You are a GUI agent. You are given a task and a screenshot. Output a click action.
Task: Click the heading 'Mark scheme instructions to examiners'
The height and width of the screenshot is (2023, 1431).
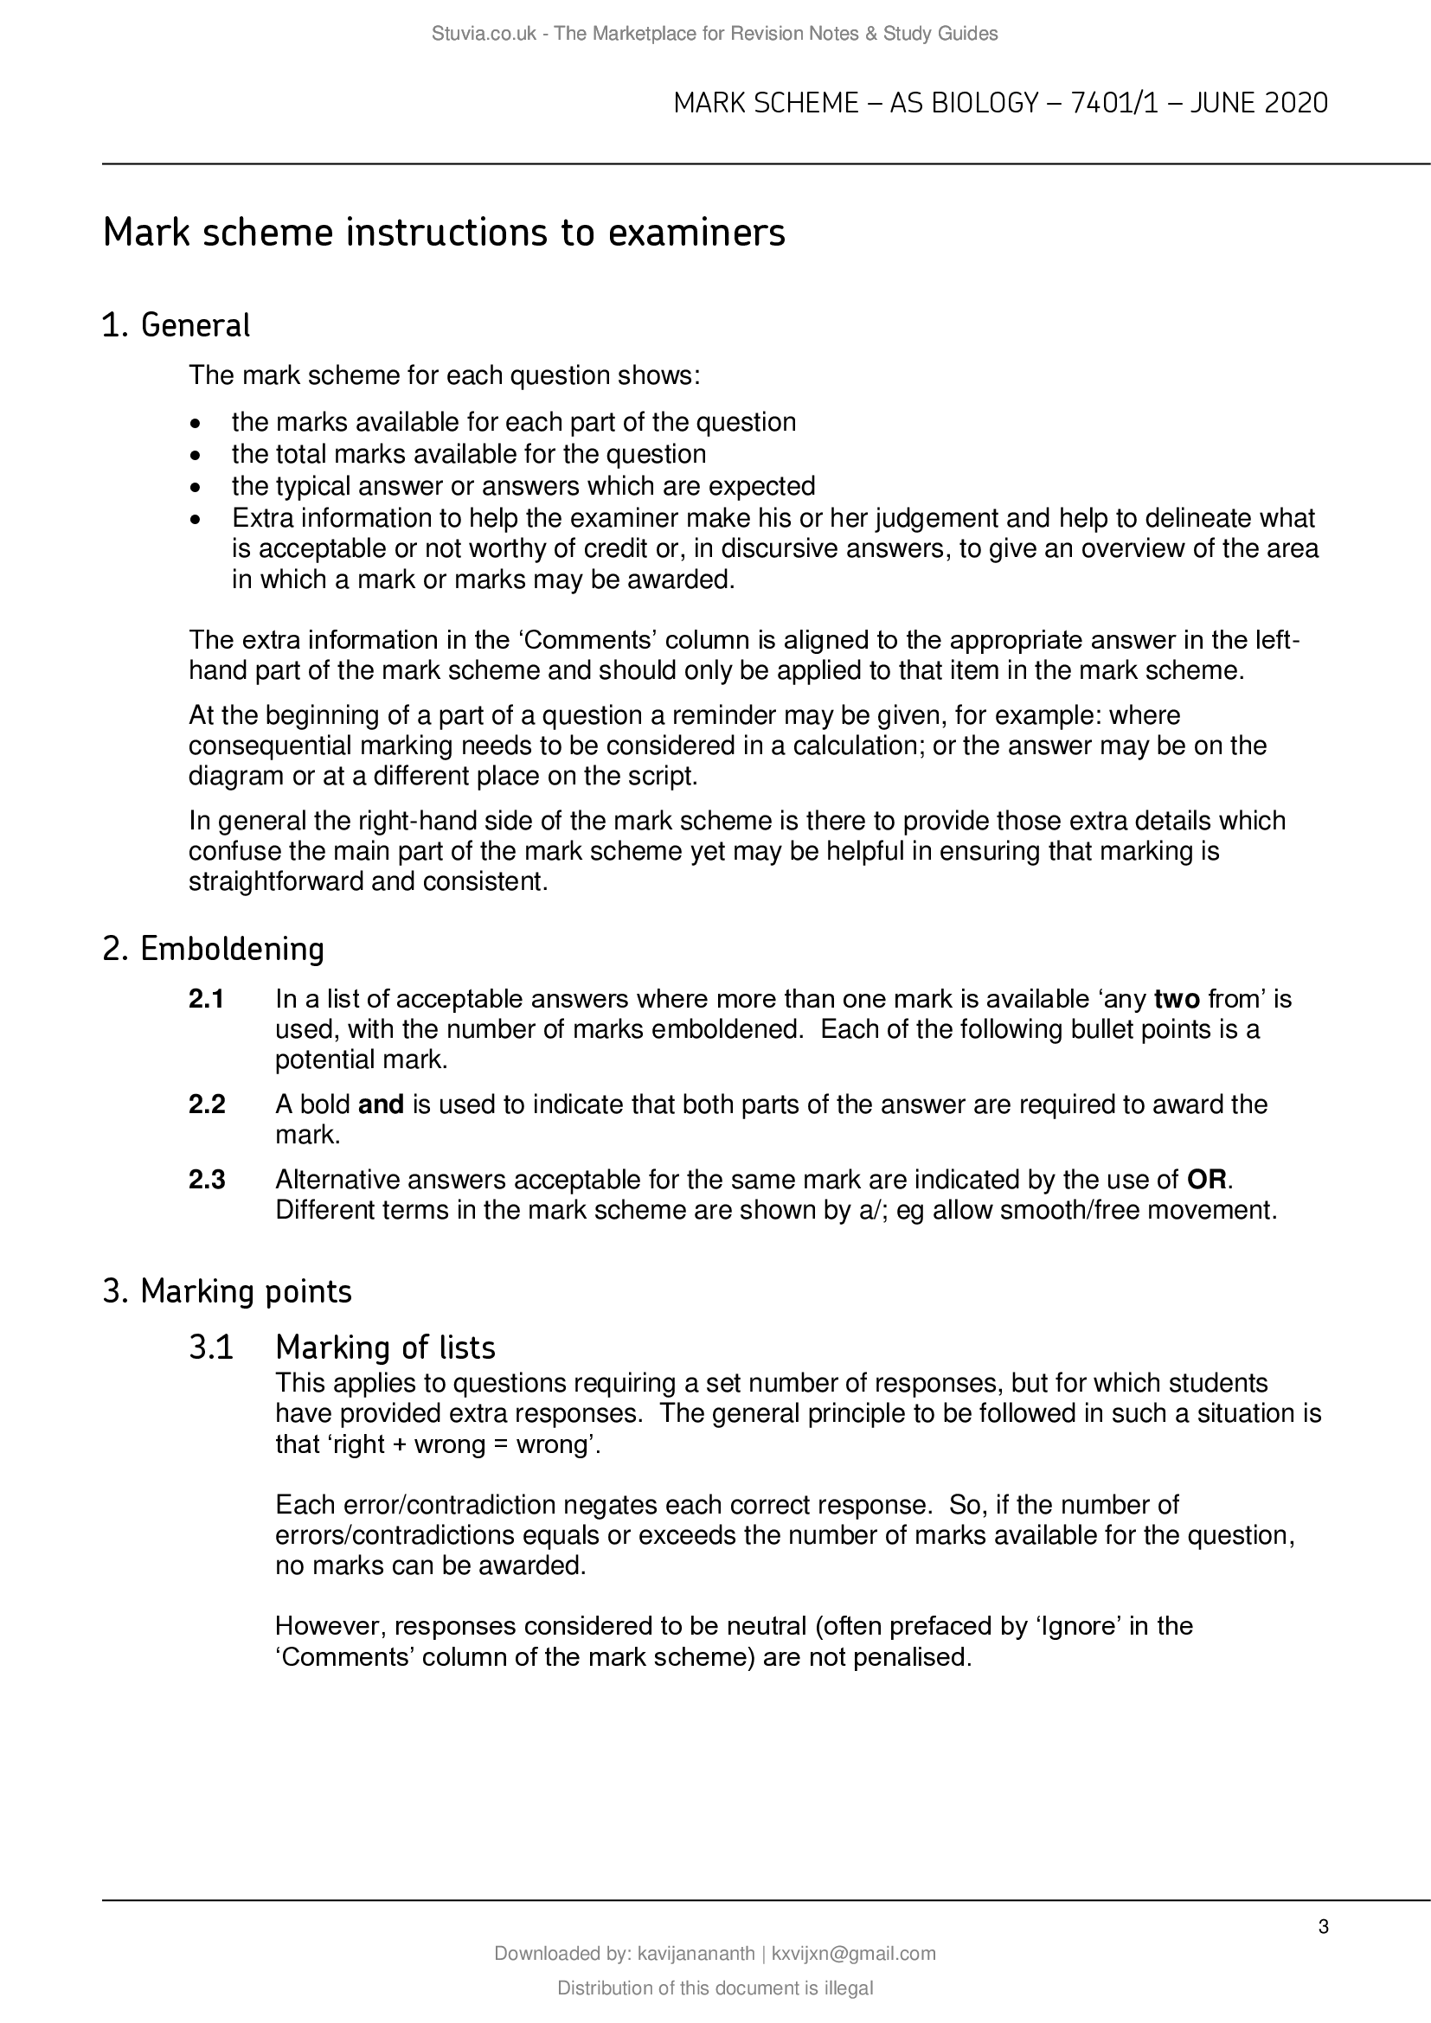[x=443, y=234]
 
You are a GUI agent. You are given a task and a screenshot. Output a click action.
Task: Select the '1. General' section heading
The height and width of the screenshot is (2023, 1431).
[x=176, y=325]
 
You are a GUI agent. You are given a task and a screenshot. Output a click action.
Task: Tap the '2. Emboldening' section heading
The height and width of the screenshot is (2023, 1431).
[x=213, y=949]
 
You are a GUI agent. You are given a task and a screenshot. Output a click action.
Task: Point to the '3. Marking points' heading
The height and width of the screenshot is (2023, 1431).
[x=228, y=1290]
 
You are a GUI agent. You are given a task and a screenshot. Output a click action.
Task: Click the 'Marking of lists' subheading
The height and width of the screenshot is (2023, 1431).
[x=385, y=1348]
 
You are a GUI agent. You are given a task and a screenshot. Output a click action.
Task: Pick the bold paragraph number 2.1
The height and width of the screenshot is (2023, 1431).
[x=206, y=999]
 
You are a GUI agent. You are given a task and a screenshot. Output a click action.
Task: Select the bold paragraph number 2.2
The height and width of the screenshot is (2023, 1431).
[x=207, y=1104]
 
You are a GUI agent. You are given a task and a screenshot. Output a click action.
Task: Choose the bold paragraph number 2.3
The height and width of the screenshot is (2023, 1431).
[x=207, y=1179]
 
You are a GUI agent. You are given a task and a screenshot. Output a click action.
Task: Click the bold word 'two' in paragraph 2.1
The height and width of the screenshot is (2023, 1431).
[x=1178, y=999]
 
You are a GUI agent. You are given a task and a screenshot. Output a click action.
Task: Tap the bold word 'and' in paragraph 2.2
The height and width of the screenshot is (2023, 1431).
[x=381, y=1104]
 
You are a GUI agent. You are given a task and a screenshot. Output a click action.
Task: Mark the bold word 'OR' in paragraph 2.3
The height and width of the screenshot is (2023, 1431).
[x=1206, y=1179]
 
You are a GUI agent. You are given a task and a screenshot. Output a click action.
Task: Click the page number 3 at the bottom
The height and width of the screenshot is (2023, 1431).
[x=1323, y=1927]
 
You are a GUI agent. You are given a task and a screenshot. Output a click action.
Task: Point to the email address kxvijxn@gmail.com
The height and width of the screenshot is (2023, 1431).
[x=853, y=1954]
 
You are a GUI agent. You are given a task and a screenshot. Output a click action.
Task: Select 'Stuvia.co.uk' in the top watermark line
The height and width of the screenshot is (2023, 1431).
[x=484, y=34]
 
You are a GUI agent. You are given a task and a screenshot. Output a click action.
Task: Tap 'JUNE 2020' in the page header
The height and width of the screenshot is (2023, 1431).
[x=1258, y=104]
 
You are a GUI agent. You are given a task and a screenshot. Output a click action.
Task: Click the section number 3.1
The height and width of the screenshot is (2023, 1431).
[x=210, y=1348]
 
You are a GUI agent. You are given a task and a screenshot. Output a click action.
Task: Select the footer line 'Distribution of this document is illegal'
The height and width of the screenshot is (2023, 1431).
[x=715, y=1988]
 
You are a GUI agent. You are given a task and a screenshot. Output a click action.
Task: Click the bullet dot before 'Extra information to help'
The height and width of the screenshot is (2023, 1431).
[x=196, y=518]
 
